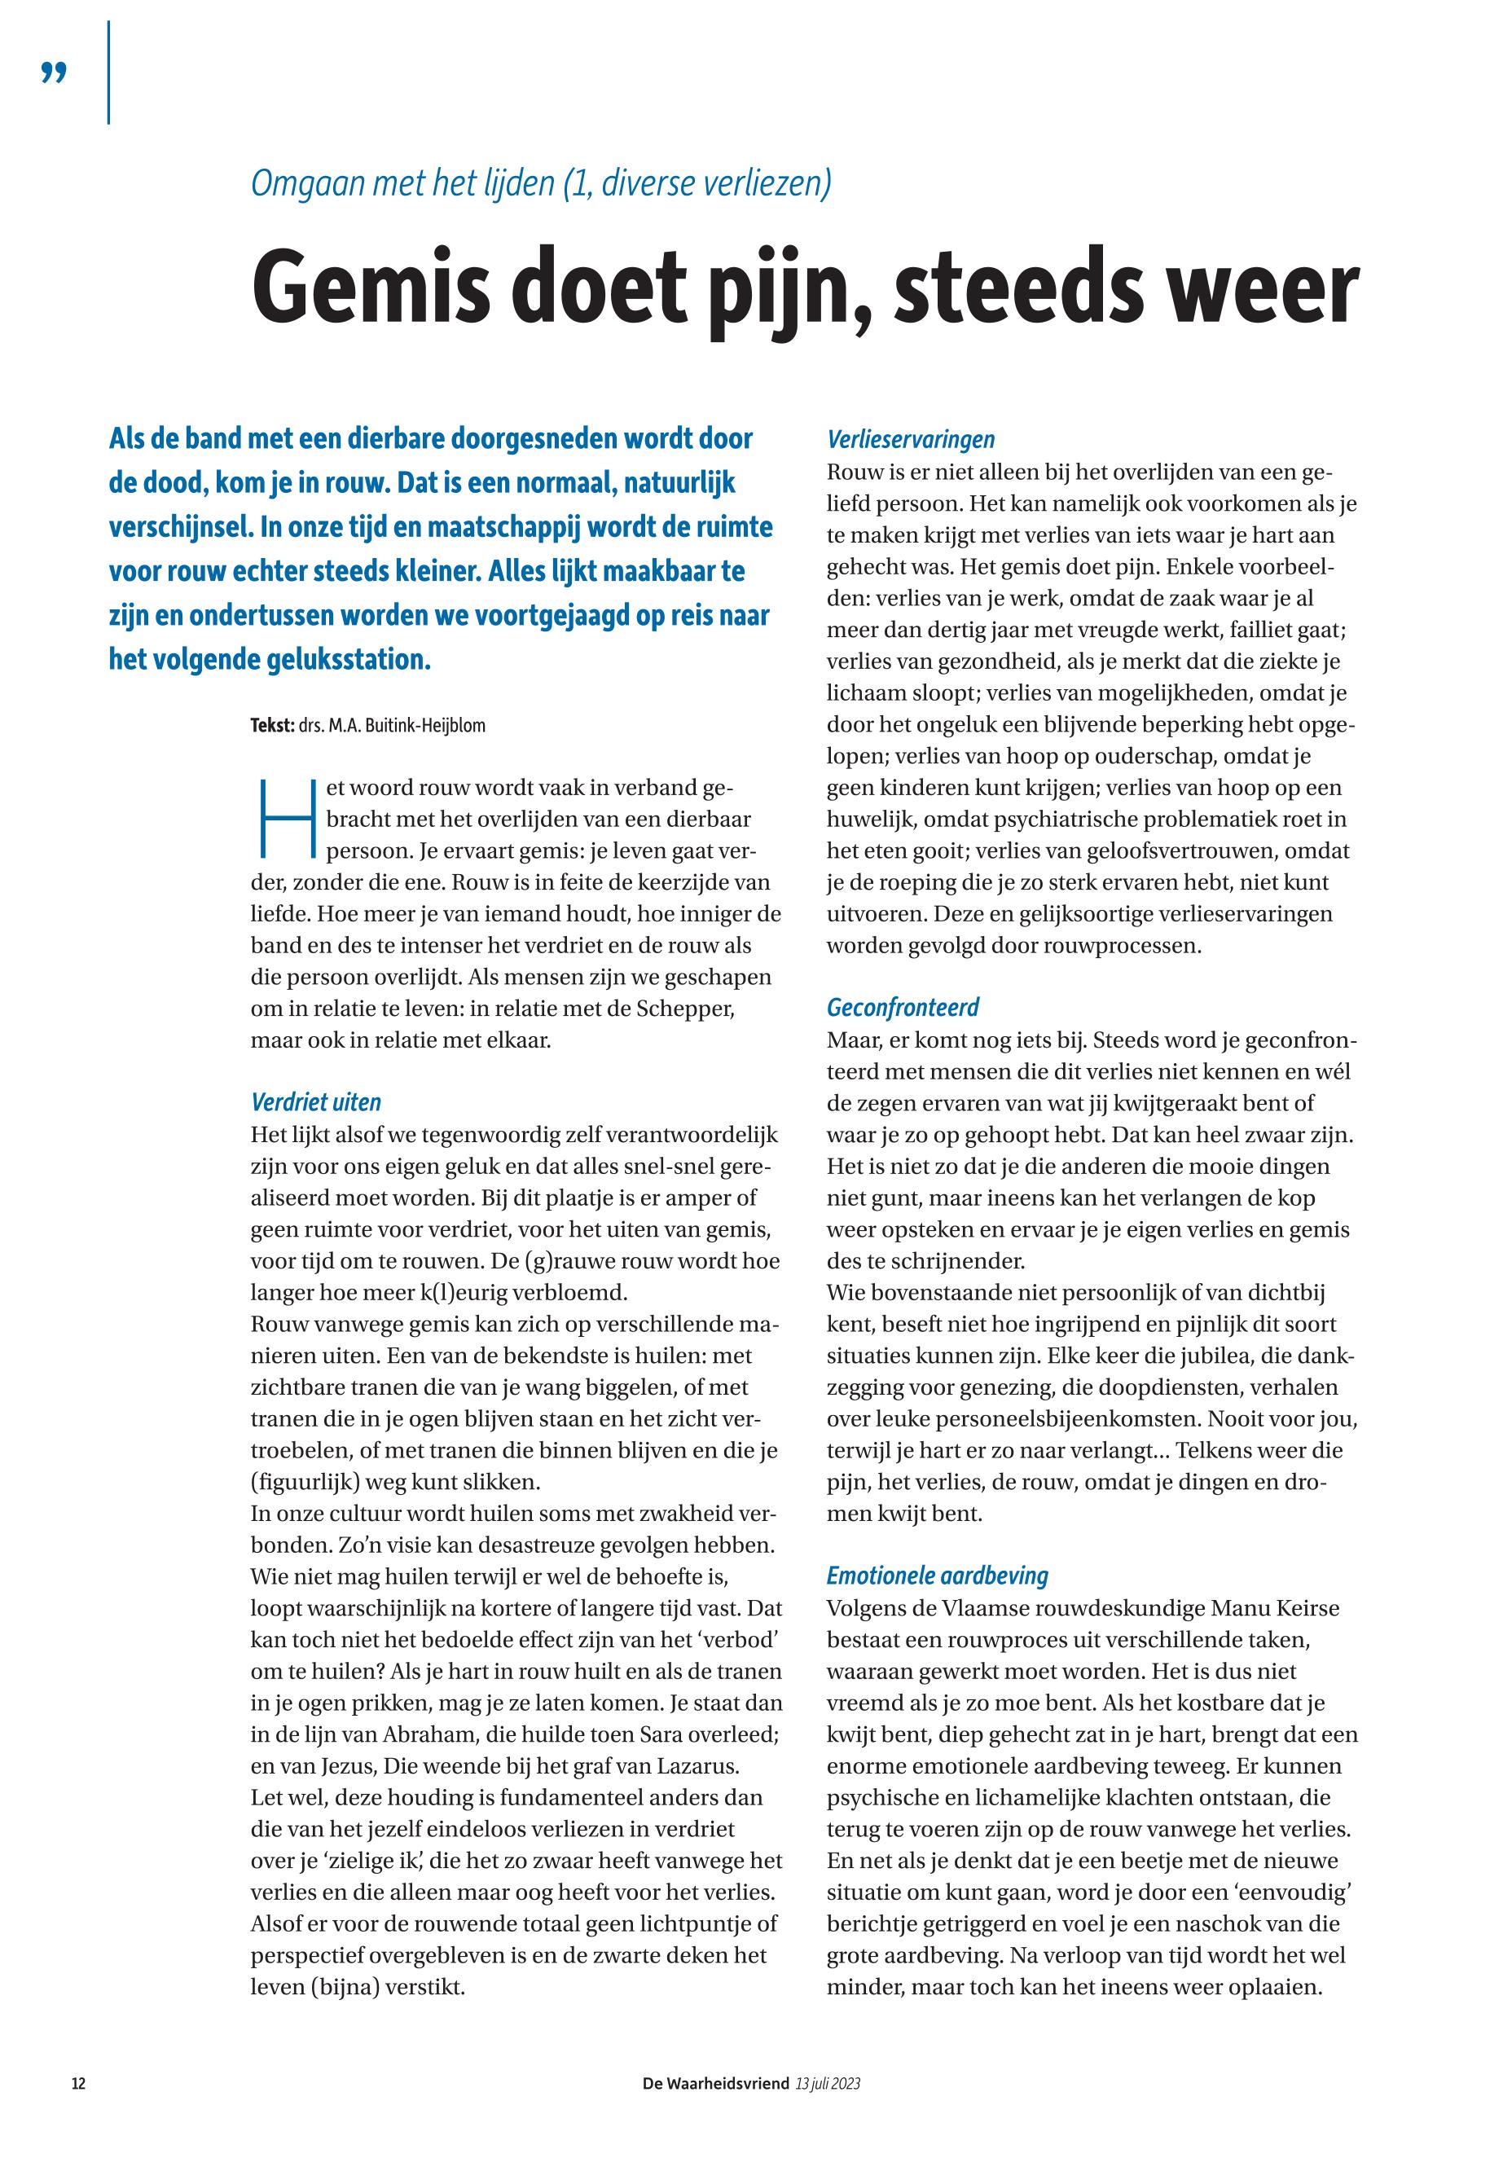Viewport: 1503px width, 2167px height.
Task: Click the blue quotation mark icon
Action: point(55,73)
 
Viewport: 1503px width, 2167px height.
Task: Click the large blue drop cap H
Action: point(285,820)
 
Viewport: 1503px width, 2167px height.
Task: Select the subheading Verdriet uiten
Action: point(315,1102)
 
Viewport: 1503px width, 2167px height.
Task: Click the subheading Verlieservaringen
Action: point(911,439)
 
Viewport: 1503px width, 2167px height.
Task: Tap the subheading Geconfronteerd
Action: point(903,1008)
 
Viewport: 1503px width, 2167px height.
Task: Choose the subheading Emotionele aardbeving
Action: point(937,1576)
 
